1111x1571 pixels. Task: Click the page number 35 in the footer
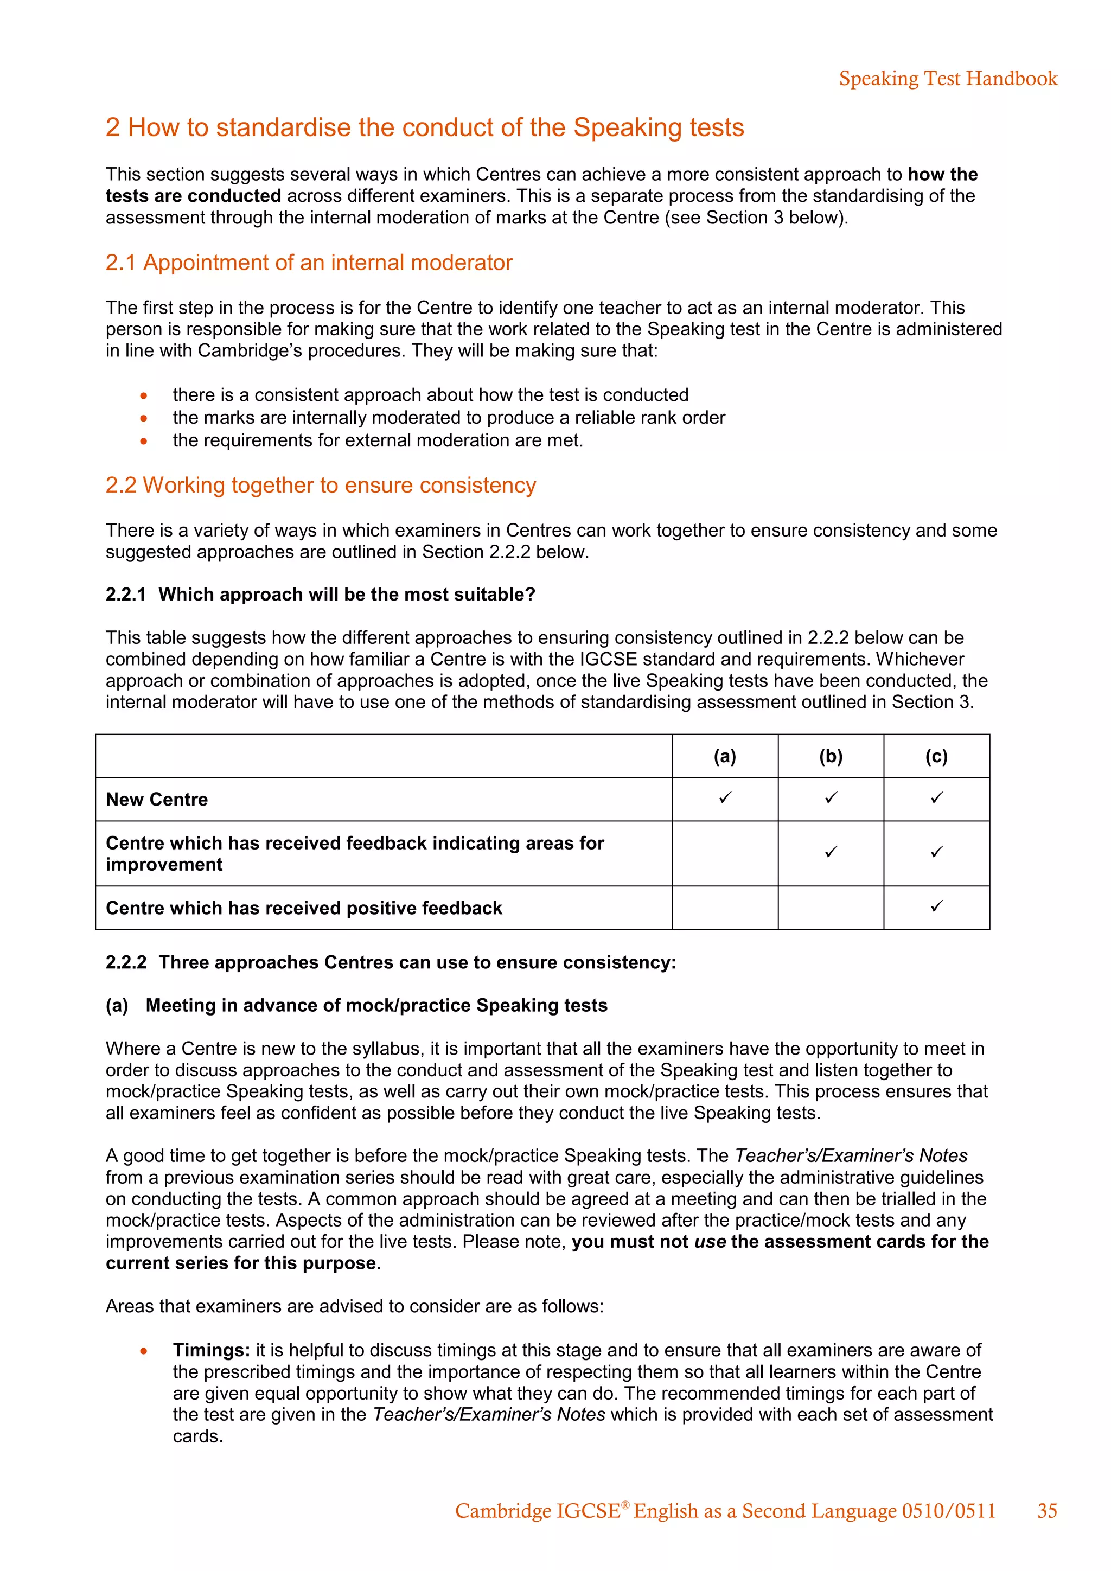point(1046,1511)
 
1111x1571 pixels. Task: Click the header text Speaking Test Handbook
point(948,79)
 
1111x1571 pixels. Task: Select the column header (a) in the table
point(724,756)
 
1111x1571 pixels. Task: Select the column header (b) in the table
point(831,756)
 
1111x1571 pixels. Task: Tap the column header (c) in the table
point(936,756)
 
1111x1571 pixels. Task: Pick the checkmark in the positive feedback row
point(936,906)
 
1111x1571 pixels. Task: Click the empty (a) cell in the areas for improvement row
point(724,853)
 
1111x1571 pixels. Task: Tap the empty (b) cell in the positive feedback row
point(831,908)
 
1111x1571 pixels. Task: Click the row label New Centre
point(157,799)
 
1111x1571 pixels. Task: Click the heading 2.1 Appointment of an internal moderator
point(309,263)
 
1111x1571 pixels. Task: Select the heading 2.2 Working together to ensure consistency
point(320,485)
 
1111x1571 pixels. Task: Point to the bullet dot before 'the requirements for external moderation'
point(144,442)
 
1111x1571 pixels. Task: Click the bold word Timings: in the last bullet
point(212,1350)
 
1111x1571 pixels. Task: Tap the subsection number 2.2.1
point(126,595)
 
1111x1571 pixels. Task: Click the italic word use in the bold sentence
point(710,1242)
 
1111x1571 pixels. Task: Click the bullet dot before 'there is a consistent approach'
point(144,395)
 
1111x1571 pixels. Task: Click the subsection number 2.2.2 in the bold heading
point(126,963)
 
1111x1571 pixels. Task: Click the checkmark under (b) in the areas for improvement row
point(831,852)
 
